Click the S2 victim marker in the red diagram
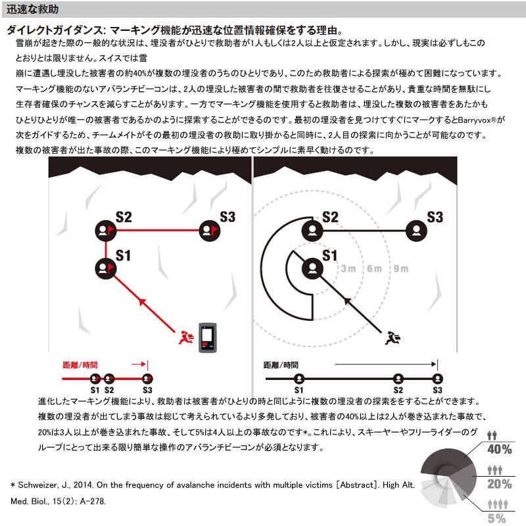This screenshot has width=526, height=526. pyautogui.click(x=105, y=230)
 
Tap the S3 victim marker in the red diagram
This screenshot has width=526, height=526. pyautogui.click(x=209, y=230)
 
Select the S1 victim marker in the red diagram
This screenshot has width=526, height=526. pyautogui.click(x=105, y=267)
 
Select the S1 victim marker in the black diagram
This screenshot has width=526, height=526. pyautogui.click(x=312, y=267)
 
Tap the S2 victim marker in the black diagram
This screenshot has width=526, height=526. pyautogui.click(x=312, y=230)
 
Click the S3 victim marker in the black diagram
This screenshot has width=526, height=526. pyautogui.click(x=416, y=230)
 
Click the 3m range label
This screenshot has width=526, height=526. pyautogui.click(x=348, y=268)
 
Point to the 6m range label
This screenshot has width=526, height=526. pyautogui.click(x=374, y=268)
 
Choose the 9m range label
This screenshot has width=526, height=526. pyautogui.click(x=400, y=268)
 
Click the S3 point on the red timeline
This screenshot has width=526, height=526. pyautogui.click(x=147, y=378)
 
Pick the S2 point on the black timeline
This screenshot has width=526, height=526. pyautogui.click(x=398, y=378)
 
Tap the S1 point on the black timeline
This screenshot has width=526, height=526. pyautogui.click(x=299, y=378)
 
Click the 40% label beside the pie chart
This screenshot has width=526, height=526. pyautogui.click(x=499, y=450)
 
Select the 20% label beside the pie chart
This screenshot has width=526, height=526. pyautogui.click(x=499, y=485)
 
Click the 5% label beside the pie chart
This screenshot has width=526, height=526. pyautogui.click(x=497, y=518)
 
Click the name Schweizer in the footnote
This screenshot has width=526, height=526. pyautogui.click(x=40, y=485)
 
